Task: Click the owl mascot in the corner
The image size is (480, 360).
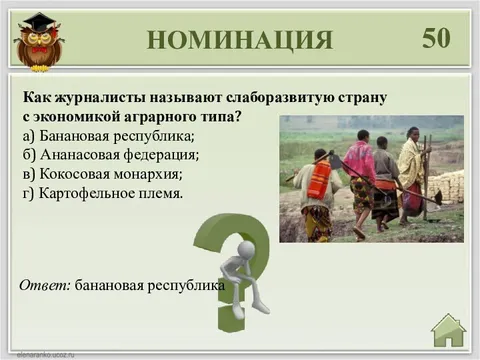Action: pos(39,43)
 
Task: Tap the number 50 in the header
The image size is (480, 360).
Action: pos(436,38)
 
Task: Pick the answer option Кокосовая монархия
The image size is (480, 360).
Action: pos(108,173)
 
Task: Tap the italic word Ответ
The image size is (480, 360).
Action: pos(45,285)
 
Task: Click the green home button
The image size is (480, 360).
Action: pos(448,328)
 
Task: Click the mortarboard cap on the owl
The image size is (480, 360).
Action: pos(39,21)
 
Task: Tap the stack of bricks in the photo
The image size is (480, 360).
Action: pos(446,185)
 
